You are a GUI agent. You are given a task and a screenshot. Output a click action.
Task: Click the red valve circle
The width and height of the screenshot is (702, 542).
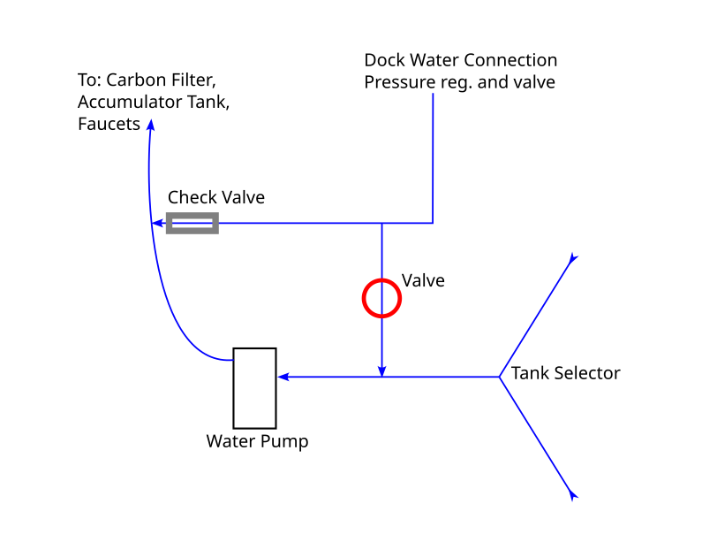[382, 298]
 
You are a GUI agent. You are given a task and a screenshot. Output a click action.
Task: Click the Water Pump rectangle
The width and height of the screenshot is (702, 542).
[254, 388]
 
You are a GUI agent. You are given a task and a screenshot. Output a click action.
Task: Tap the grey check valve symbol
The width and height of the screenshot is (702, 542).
[192, 223]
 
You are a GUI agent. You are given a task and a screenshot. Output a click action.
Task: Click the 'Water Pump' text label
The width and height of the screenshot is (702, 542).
[257, 440]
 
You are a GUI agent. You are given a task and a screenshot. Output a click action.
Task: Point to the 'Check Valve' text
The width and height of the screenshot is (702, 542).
[216, 197]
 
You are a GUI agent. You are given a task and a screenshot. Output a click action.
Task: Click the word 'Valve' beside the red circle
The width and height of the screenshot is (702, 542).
[423, 281]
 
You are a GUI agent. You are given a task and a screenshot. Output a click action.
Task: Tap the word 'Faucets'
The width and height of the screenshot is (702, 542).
[109, 125]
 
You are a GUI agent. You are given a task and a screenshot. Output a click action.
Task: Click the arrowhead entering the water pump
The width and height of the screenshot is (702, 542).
[283, 378]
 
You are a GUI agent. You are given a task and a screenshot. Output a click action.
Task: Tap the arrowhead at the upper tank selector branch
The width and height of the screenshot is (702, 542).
[573, 259]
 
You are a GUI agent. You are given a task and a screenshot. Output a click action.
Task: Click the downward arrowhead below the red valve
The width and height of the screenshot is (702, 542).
[381, 370]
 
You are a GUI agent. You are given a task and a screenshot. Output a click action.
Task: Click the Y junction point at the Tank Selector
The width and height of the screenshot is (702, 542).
[500, 378]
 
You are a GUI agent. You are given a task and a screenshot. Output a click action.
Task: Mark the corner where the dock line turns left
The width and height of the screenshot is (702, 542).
[433, 223]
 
